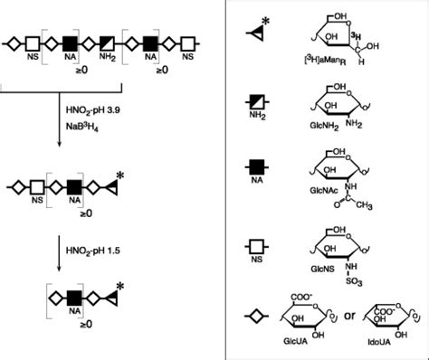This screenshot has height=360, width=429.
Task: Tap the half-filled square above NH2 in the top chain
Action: tap(107, 42)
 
